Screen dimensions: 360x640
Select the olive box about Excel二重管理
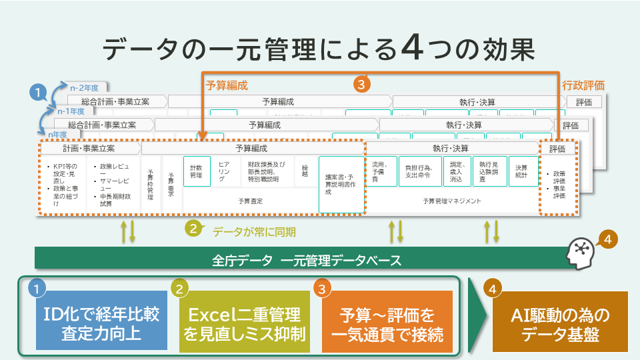(244, 323)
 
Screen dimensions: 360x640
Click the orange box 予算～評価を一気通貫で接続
(387, 323)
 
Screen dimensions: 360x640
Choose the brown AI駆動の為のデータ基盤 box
(560, 323)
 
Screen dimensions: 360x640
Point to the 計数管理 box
(197, 171)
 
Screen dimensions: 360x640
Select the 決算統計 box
(522, 171)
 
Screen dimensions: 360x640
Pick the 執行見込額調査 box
(489, 171)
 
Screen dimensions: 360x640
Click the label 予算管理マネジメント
(451, 201)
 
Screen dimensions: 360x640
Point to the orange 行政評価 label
(583, 85)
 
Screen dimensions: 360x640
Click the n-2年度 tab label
(85, 87)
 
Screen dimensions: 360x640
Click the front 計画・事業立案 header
(89, 148)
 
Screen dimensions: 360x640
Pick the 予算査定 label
(249, 201)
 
